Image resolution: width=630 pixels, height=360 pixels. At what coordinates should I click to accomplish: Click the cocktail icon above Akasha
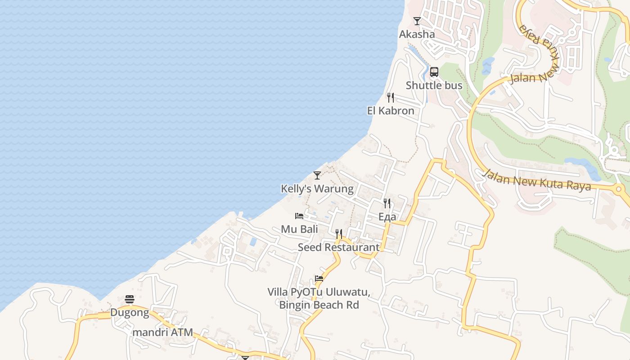pyautogui.click(x=417, y=21)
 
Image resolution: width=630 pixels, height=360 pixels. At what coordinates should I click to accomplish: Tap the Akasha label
pyautogui.click(x=417, y=34)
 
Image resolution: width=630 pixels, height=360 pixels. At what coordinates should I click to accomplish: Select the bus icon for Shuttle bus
pyautogui.click(x=434, y=72)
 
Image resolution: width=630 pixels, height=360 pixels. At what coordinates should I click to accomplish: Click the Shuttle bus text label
pyautogui.click(x=434, y=85)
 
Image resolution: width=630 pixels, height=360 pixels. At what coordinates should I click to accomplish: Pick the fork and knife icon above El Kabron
pyautogui.click(x=391, y=97)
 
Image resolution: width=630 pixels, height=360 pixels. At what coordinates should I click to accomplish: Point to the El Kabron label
pyautogui.click(x=391, y=111)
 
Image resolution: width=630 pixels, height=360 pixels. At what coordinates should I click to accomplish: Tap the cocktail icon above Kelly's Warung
pyautogui.click(x=317, y=175)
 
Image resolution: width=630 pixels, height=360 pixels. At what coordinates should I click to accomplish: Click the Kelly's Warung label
pyautogui.click(x=317, y=189)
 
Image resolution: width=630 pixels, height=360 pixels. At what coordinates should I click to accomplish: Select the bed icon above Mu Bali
pyautogui.click(x=299, y=216)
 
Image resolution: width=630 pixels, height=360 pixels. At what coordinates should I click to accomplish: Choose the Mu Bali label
pyautogui.click(x=299, y=229)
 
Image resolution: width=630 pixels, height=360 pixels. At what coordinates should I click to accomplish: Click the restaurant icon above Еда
pyautogui.click(x=387, y=203)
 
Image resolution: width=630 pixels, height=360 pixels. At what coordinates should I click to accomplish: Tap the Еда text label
pyautogui.click(x=387, y=217)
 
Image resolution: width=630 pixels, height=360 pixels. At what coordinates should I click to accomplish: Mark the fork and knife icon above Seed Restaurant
pyautogui.click(x=339, y=234)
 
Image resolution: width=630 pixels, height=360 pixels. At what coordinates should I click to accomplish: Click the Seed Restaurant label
pyautogui.click(x=339, y=247)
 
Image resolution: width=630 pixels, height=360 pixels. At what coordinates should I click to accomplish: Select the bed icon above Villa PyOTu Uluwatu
pyautogui.click(x=319, y=279)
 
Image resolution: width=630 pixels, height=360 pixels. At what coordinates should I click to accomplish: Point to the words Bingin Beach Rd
pyautogui.click(x=319, y=305)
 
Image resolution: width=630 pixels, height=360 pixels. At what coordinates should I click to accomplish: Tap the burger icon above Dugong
pyautogui.click(x=130, y=299)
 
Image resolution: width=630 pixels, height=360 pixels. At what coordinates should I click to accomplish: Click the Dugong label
pyautogui.click(x=130, y=313)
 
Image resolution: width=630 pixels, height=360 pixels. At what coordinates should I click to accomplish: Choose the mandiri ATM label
pyautogui.click(x=163, y=333)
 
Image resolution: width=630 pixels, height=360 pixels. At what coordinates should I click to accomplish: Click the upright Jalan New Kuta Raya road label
pyautogui.click(x=536, y=180)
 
